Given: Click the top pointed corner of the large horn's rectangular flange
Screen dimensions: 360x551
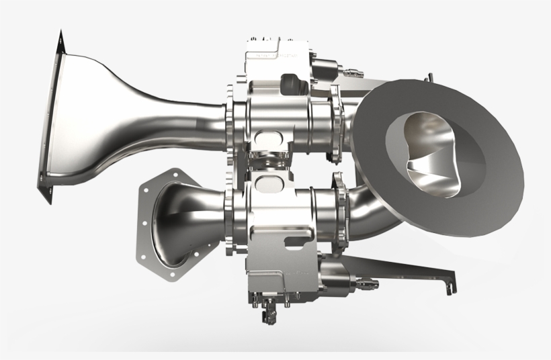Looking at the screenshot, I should coord(60,32).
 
